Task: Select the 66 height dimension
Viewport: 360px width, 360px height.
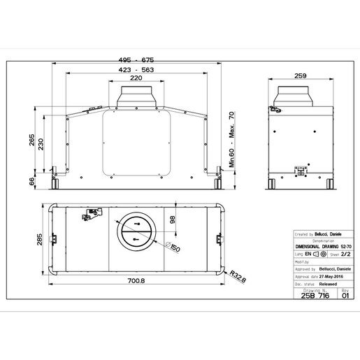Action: [31, 181]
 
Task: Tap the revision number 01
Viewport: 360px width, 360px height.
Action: [343, 295]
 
